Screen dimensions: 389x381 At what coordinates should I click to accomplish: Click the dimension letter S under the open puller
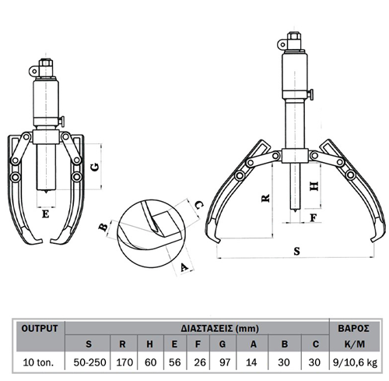click(296, 251)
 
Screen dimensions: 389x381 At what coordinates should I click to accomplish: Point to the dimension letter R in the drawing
click(265, 199)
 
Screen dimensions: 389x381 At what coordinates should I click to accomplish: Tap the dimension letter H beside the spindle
click(314, 186)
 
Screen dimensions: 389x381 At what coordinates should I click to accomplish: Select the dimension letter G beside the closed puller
click(96, 167)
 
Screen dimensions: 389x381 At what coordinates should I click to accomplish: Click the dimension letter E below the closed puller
click(46, 214)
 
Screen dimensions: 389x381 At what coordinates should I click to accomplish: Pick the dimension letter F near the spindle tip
click(314, 218)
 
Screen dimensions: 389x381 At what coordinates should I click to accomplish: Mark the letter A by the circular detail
click(184, 267)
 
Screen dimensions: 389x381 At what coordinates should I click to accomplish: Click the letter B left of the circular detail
click(103, 228)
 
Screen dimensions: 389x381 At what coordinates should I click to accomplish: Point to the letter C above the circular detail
click(198, 206)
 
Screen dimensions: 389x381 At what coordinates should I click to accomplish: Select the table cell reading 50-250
click(89, 362)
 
